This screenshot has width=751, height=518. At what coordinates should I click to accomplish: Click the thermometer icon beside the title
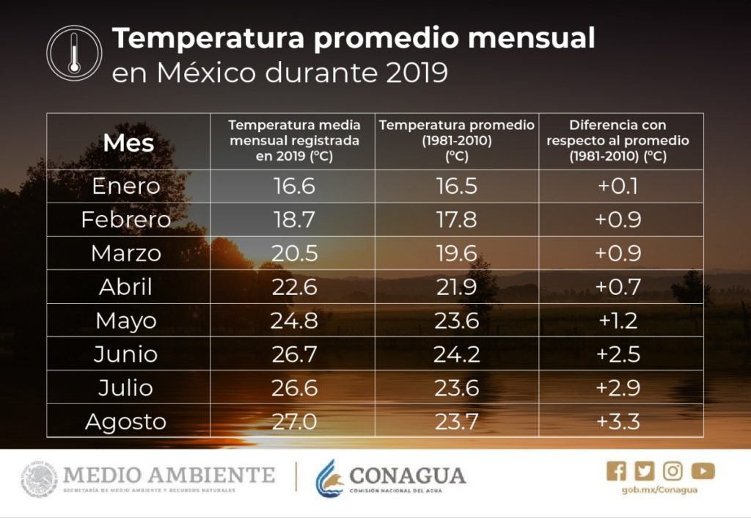pyautogui.click(x=73, y=54)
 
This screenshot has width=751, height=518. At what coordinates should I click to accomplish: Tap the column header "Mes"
pyautogui.click(x=128, y=142)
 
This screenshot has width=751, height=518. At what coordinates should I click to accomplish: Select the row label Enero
pyautogui.click(x=126, y=186)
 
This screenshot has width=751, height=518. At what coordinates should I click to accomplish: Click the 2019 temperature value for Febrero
pyautogui.click(x=294, y=219)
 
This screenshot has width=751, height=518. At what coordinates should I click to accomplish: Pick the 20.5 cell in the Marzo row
pyautogui.click(x=294, y=253)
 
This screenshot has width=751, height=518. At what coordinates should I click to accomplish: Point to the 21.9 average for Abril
pyautogui.click(x=457, y=287)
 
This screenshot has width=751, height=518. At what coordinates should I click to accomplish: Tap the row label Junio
pyautogui.click(x=125, y=354)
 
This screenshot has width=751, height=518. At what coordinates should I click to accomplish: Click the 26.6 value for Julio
pyautogui.click(x=294, y=388)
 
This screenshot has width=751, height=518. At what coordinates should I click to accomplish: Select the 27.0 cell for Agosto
pyautogui.click(x=294, y=422)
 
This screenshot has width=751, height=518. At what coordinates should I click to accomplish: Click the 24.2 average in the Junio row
pyautogui.click(x=457, y=354)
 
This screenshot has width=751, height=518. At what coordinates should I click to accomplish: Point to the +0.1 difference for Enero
pyautogui.click(x=618, y=186)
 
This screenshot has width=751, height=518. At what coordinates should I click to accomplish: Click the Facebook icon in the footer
pyautogui.click(x=617, y=471)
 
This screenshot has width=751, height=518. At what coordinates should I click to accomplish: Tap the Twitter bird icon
pyautogui.click(x=645, y=471)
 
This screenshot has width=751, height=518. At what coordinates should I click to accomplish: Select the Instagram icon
pyautogui.click(x=673, y=471)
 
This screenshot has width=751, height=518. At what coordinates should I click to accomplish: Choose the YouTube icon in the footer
pyautogui.click(x=703, y=471)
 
